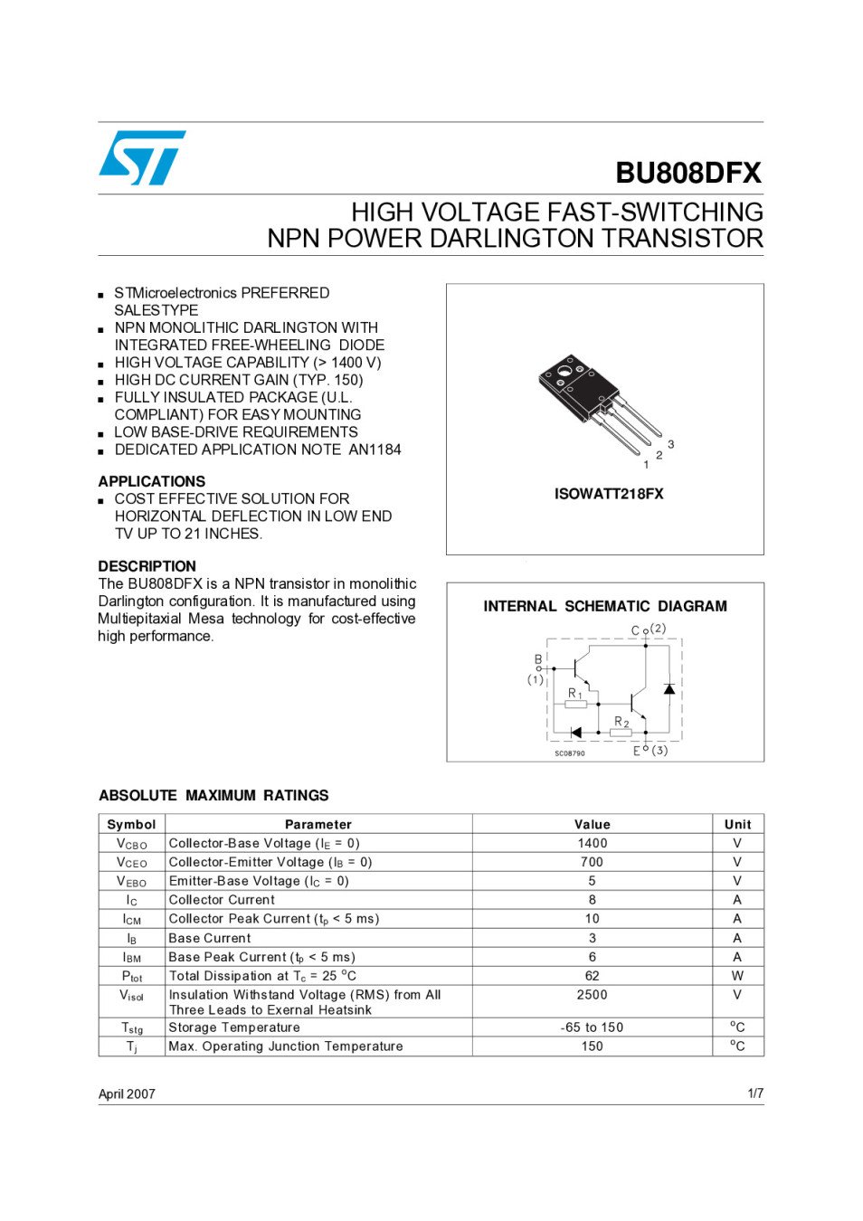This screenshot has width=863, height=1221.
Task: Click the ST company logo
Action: pyautogui.click(x=142, y=157)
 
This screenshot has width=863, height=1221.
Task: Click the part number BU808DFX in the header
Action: pyautogui.click(x=688, y=173)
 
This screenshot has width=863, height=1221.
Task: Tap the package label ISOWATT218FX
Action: pyautogui.click(x=609, y=494)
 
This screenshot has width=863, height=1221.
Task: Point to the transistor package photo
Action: pyautogui.click(x=597, y=403)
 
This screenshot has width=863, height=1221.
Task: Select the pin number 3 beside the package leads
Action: pyautogui.click(x=670, y=444)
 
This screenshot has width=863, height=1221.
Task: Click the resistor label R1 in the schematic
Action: pyautogui.click(x=574, y=694)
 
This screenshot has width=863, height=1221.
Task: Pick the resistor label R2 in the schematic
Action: pyautogui.click(x=621, y=722)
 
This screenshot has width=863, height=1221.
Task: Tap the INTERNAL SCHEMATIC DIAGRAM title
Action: pyautogui.click(x=604, y=606)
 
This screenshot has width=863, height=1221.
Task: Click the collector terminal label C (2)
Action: pyautogui.click(x=648, y=629)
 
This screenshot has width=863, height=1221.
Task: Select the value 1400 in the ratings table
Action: pyautogui.click(x=593, y=843)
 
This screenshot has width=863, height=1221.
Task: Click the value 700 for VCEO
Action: pyautogui.click(x=593, y=862)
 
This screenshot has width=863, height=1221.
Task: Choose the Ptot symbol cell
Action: pyautogui.click(x=132, y=976)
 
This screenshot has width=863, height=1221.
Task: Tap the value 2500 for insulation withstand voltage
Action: pyautogui.click(x=593, y=995)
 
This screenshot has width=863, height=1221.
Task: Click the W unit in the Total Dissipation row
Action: pyautogui.click(x=737, y=976)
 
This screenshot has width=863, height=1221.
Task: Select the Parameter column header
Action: pyautogui.click(x=318, y=824)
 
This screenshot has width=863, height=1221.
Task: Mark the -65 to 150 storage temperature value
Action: pyautogui.click(x=593, y=1027)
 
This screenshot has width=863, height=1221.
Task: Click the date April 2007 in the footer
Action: pyautogui.click(x=127, y=1093)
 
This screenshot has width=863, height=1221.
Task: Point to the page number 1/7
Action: pyautogui.click(x=755, y=1093)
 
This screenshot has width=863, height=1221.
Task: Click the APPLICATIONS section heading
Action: pyautogui.click(x=152, y=481)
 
